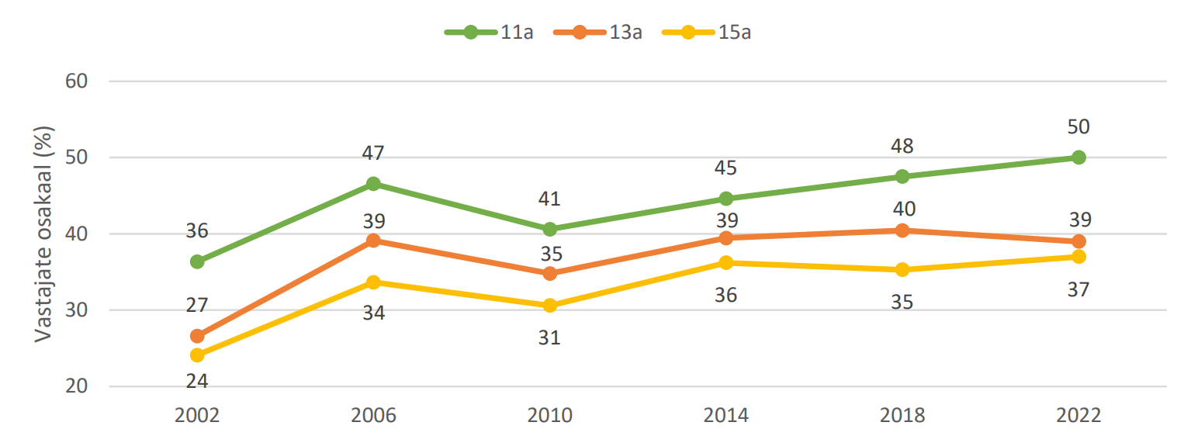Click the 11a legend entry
click(488, 33)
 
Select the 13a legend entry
click(598, 33)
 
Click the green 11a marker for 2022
click(1078, 157)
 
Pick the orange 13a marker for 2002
click(197, 336)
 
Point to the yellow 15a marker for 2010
click(550, 306)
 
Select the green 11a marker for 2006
click(373, 184)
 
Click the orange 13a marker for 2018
click(902, 230)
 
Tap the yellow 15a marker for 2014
click(726, 263)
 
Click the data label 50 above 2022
click(1078, 127)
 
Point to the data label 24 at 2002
click(197, 382)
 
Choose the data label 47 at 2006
click(373, 154)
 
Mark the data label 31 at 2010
click(550, 338)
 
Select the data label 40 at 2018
click(902, 209)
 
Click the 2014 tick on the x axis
click(726, 416)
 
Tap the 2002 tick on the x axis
click(197, 416)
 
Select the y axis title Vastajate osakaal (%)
click(43, 234)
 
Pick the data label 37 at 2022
click(1078, 290)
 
